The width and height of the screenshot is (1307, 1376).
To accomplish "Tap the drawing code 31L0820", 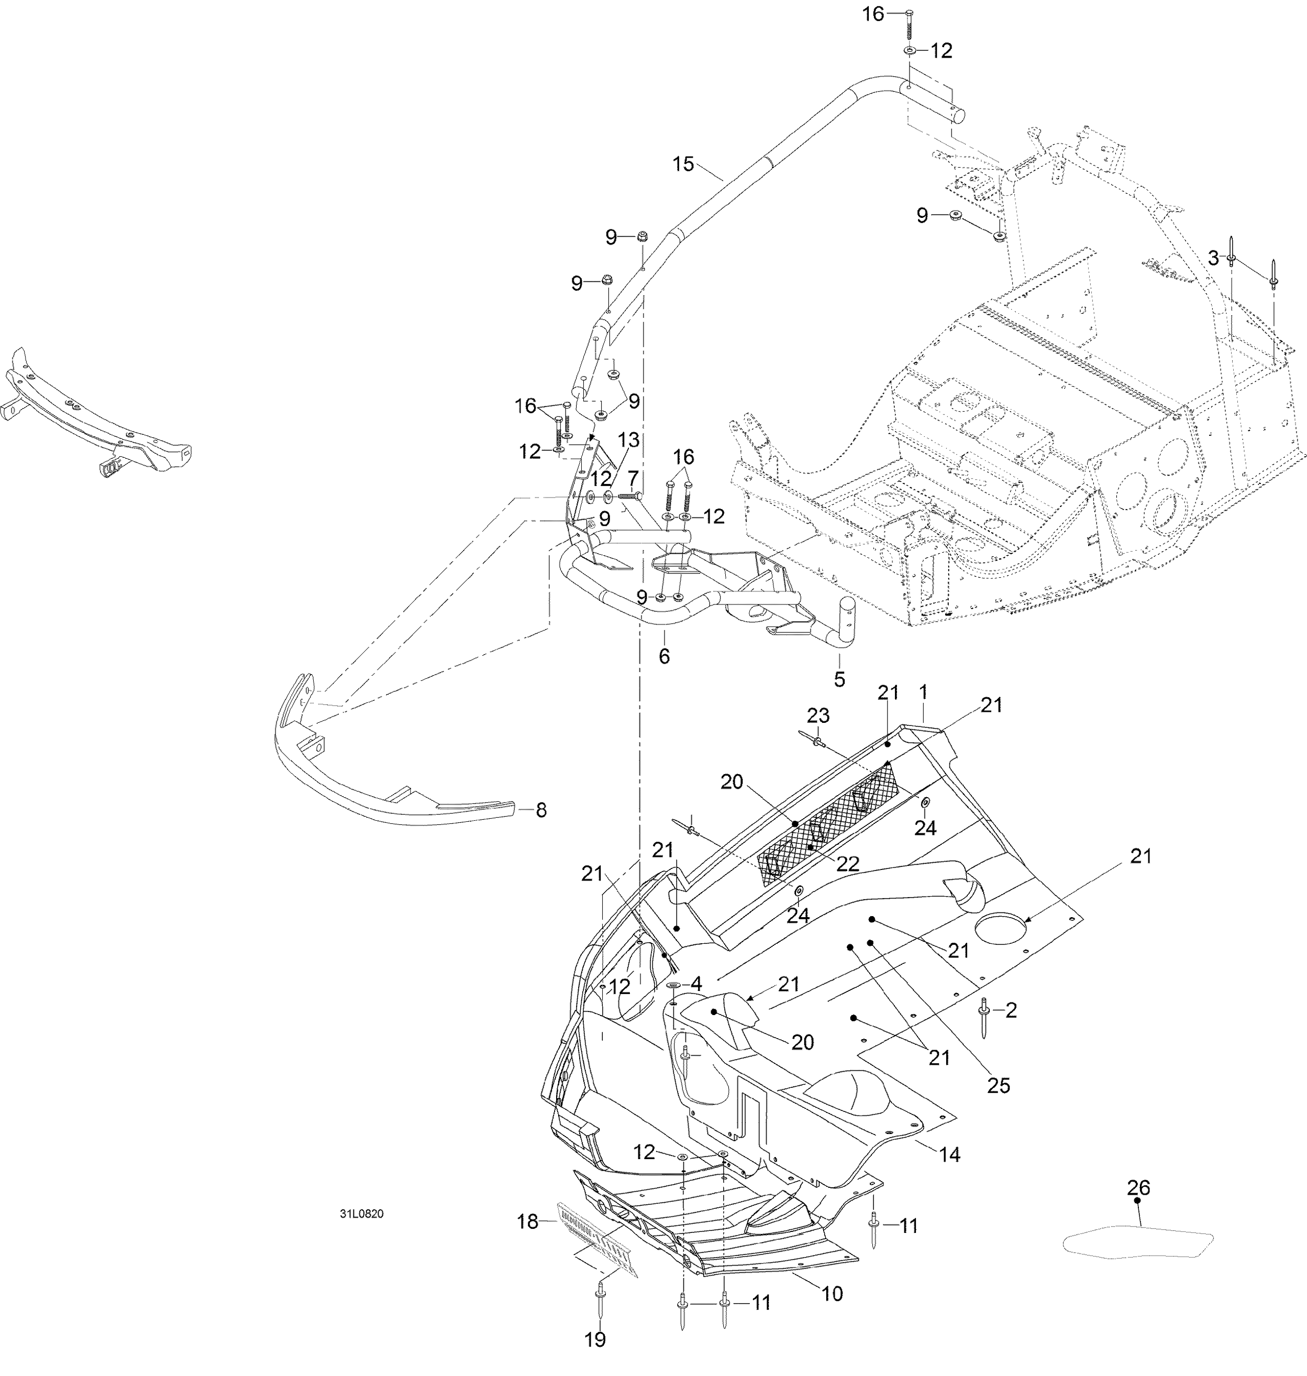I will tap(361, 1214).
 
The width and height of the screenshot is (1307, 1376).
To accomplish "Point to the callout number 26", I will tap(1138, 1187).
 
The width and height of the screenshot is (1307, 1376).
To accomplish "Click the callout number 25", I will tap(998, 1085).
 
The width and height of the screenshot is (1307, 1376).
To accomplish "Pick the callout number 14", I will tap(950, 1155).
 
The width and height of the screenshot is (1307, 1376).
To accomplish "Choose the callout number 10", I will tap(832, 1294).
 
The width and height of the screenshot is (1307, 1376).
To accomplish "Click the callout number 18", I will tap(528, 1221).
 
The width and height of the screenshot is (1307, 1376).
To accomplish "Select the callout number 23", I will tap(818, 715).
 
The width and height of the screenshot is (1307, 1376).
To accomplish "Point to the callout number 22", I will tap(848, 863).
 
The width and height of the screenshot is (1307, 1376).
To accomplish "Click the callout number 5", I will tap(840, 679).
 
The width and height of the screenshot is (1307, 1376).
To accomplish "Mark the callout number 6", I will tap(664, 656).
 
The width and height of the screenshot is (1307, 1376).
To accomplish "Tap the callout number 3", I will tap(1213, 258).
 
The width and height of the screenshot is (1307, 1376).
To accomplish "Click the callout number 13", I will tap(628, 440).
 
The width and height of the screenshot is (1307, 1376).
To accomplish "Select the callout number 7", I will tap(632, 478).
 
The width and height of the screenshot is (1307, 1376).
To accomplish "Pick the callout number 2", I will tap(1011, 1010).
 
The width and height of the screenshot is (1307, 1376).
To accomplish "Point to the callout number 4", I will tap(695, 984).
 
